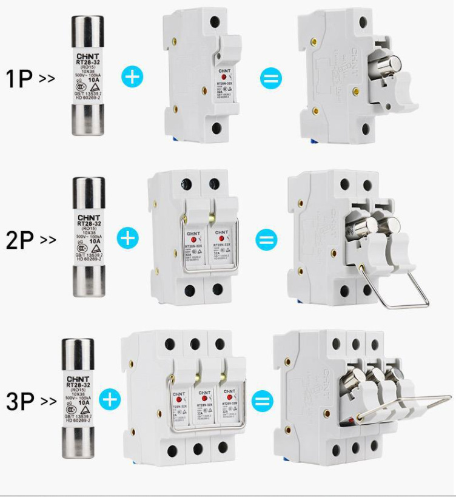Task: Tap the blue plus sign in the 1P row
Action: pos(131,77)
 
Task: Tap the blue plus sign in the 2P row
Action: pos(128,237)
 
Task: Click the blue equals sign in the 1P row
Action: pos(269,78)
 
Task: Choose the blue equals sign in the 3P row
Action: pos(262,400)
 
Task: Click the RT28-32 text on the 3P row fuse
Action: pos(79,385)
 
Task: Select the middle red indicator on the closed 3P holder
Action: pos(204,400)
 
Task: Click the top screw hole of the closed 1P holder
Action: pos(215,21)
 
